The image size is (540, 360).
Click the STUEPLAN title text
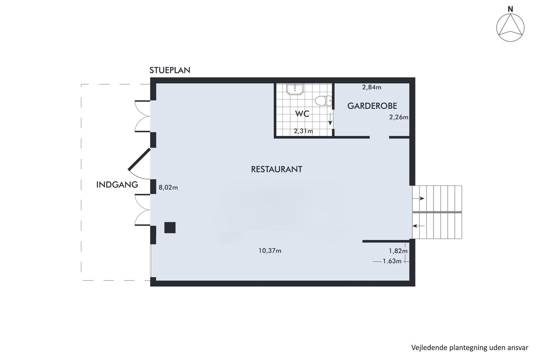point(170,70)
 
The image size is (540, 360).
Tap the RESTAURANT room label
point(277,169)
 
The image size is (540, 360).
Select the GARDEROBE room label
point(372,106)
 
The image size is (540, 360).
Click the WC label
point(302,114)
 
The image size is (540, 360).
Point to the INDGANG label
point(117,185)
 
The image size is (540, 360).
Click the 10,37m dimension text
point(270,251)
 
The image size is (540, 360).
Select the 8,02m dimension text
point(168,188)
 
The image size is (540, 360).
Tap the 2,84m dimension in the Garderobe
point(372,87)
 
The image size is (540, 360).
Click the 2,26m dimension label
point(399,117)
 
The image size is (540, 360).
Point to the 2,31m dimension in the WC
point(303,131)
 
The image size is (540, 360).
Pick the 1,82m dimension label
point(398,251)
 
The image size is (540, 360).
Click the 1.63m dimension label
point(392,261)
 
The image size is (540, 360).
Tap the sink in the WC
point(295,89)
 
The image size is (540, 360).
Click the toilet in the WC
point(323,101)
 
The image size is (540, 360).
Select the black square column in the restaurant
point(170,228)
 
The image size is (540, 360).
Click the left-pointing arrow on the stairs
point(418,226)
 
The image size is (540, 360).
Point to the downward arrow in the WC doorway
point(330,119)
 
